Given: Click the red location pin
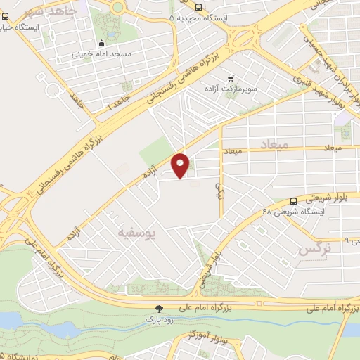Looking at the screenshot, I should coord(181,165).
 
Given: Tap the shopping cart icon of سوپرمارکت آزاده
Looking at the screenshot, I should coord(230,78).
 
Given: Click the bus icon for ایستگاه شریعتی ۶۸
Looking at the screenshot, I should coord(294,201).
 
